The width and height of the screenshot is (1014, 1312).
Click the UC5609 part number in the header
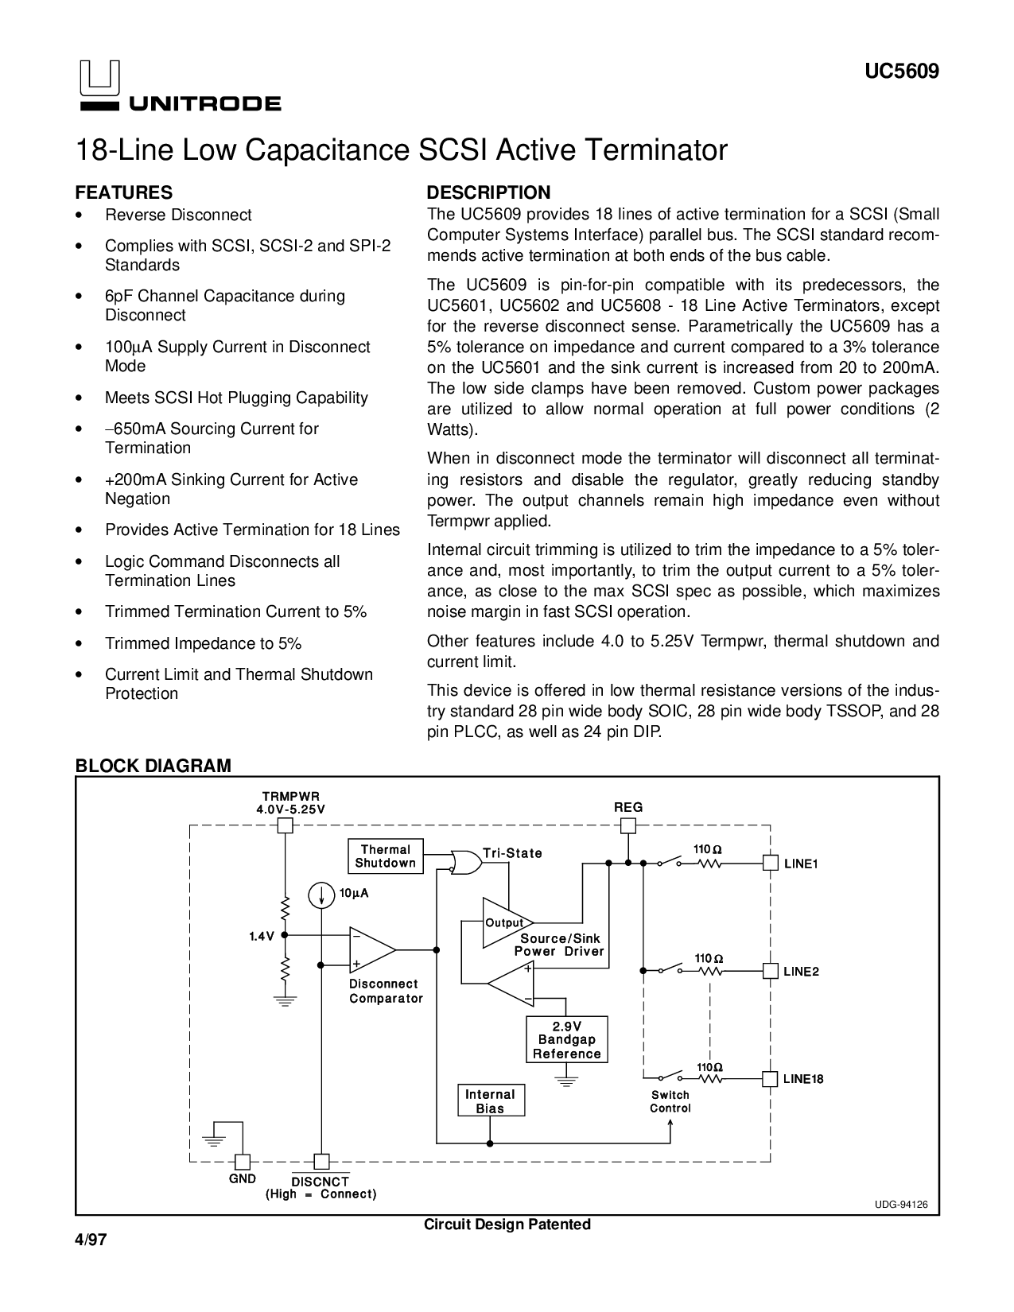tap(902, 72)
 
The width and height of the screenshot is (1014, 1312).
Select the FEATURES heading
tap(123, 193)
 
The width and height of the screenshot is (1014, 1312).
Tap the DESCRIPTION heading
tap(488, 193)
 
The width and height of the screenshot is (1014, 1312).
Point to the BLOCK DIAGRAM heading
tap(153, 766)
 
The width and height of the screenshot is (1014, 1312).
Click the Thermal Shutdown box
tap(386, 856)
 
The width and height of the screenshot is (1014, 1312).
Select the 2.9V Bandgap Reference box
tap(567, 1039)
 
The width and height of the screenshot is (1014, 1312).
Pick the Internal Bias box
tap(490, 1101)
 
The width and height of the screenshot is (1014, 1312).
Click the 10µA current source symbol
tap(322, 895)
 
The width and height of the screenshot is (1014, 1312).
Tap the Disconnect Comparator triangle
tap(370, 949)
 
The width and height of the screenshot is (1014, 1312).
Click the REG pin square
tap(628, 825)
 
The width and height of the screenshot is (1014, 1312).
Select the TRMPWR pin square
tap(285, 825)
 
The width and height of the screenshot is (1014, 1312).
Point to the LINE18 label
tap(802, 1079)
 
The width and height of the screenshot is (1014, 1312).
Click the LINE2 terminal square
tap(770, 971)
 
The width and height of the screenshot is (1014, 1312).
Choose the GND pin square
tap(242, 1161)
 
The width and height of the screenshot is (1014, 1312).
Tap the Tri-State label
tap(512, 853)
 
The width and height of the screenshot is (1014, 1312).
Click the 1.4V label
tap(261, 937)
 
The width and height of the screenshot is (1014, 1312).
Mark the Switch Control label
tap(670, 1101)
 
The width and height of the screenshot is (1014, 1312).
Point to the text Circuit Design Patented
tap(507, 1225)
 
